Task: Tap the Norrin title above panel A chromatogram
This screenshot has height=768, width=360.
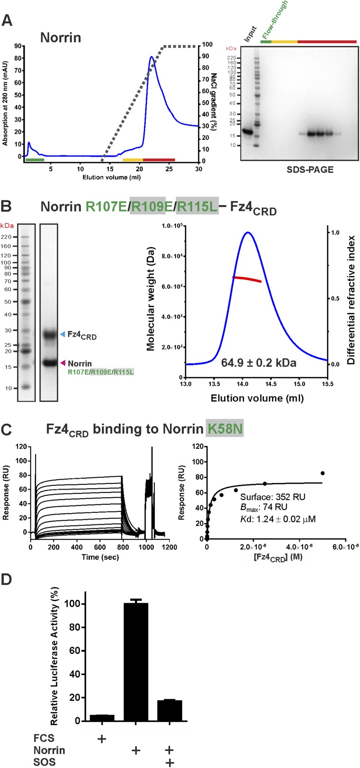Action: pyautogui.click(x=61, y=37)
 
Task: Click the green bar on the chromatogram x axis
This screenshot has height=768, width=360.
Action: pyautogui.click(x=35, y=160)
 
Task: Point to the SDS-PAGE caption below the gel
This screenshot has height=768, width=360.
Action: pyautogui.click(x=310, y=169)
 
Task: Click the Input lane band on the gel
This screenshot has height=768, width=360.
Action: pyautogui.click(x=247, y=131)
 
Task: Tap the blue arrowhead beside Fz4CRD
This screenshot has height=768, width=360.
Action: pyautogui.click(x=63, y=334)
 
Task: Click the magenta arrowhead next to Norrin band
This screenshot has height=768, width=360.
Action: pyautogui.click(x=63, y=363)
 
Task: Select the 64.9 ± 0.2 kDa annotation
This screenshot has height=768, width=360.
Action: pyautogui.click(x=259, y=363)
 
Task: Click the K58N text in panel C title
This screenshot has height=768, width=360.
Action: pyautogui.click(x=225, y=429)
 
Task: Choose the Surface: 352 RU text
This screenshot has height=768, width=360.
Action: pyautogui.click(x=273, y=497)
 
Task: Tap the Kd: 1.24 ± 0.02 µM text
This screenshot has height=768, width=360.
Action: pyautogui.click(x=278, y=519)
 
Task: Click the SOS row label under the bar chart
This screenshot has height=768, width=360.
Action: pyautogui.click(x=45, y=762)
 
